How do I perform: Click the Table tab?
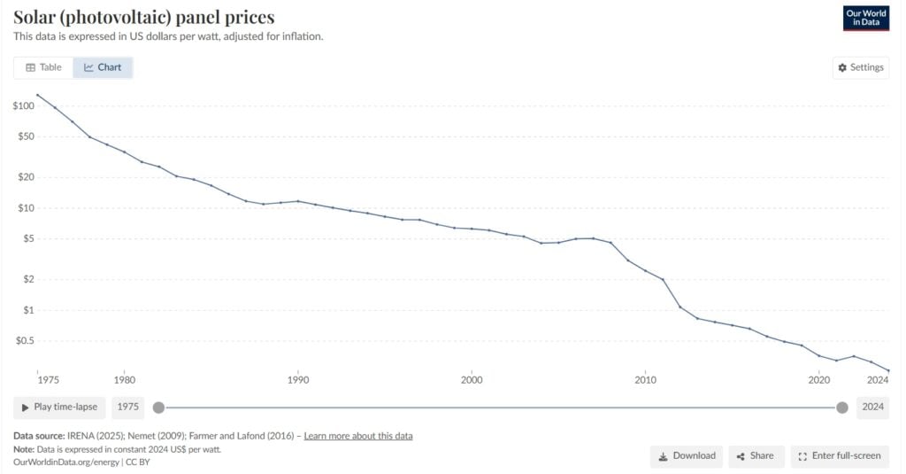(43, 67)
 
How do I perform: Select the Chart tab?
(103, 67)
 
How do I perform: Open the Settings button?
(860, 67)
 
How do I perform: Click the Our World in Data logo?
(866, 18)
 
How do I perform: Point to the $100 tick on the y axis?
(24, 106)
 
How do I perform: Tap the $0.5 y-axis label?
(24, 341)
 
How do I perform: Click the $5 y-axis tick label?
(28, 239)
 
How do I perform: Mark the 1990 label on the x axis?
(298, 380)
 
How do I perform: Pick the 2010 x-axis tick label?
(645, 380)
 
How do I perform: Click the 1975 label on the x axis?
(49, 380)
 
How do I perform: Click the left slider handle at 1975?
(158, 408)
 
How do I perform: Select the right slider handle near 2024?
(842, 408)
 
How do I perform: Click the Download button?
(686, 456)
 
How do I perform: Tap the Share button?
(755, 456)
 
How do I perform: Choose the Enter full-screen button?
(839, 456)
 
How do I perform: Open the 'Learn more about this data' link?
(357, 436)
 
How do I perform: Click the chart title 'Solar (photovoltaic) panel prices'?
(144, 17)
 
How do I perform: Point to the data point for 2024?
(888, 370)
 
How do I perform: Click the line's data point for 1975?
(37, 95)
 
